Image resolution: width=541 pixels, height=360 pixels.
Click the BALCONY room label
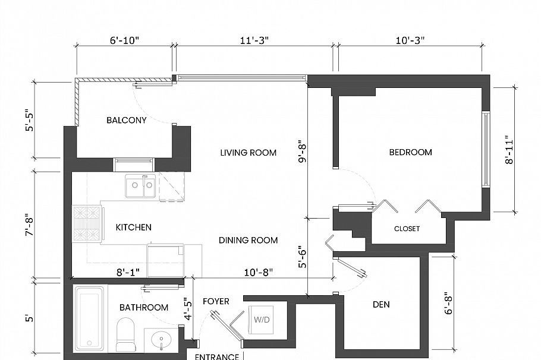tap(126, 120)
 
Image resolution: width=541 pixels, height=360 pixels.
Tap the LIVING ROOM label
tap(248, 153)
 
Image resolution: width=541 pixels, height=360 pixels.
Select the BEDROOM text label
tap(410, 152)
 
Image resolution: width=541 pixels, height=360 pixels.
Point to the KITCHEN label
tap(133, 227)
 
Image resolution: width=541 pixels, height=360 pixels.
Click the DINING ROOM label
tap(248, 240)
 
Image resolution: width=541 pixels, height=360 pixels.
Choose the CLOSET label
tap(407, 229)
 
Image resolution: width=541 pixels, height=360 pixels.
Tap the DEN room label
tap(381, 304)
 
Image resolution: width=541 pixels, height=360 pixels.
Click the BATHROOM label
tap(143, 307)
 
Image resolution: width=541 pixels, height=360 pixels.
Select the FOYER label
tap(216, 301)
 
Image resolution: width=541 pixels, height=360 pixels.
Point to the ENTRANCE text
tap(217, 356)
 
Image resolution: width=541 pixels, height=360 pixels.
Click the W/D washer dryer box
tap(262, 319)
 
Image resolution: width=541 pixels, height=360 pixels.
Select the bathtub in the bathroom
tap(89, 318)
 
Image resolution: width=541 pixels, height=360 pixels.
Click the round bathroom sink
tap(161, 341)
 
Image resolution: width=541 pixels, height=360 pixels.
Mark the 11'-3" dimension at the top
tap(253, 40)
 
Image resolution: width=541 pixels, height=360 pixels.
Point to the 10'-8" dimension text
tap(259, 272)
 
